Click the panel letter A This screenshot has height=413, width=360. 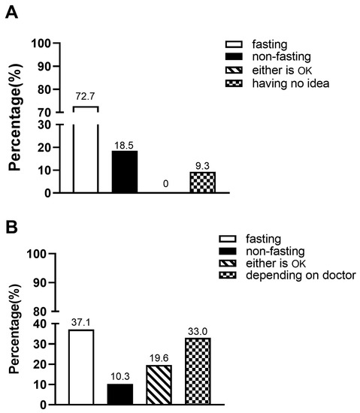coord(12,14)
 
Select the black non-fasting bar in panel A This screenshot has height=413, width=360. coord(124,171)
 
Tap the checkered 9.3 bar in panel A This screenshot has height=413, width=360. coord(202,182)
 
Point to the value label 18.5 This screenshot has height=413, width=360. coord(124,143)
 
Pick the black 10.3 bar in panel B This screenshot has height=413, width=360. coord(120,393)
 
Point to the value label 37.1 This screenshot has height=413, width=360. coord(81,322)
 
